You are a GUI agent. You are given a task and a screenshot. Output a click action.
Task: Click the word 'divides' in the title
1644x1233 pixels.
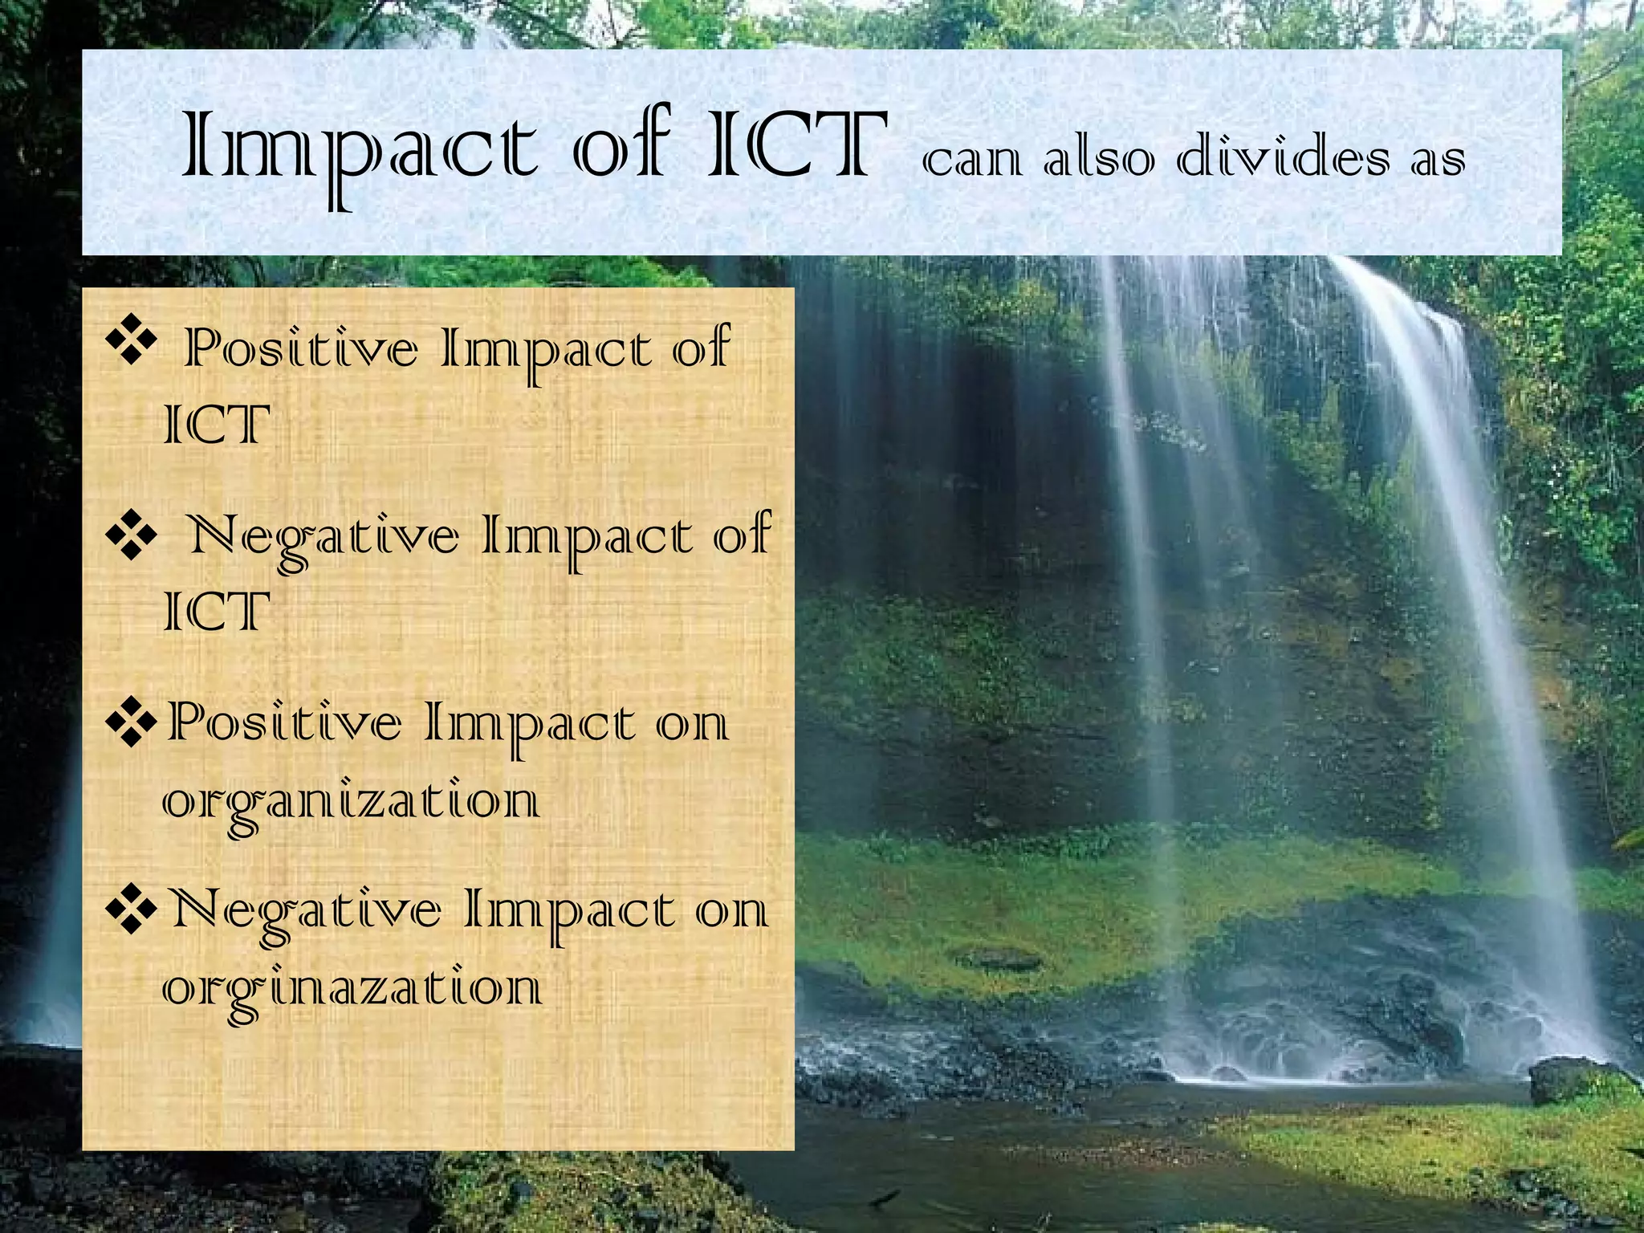click(x=1283, y=157)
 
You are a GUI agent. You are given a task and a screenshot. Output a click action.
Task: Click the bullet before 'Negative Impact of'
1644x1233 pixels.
click(x=130, y=533)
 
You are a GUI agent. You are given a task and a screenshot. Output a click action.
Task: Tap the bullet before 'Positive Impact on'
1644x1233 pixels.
click(x=130, y=720)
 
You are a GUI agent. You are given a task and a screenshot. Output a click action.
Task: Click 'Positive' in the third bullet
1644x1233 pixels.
click(x=285, y=722)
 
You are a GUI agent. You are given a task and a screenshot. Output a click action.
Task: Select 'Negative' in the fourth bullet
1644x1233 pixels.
click(x=307, y=911)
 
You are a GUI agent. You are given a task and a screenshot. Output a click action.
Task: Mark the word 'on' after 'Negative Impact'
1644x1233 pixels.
click(x=731, y=912)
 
